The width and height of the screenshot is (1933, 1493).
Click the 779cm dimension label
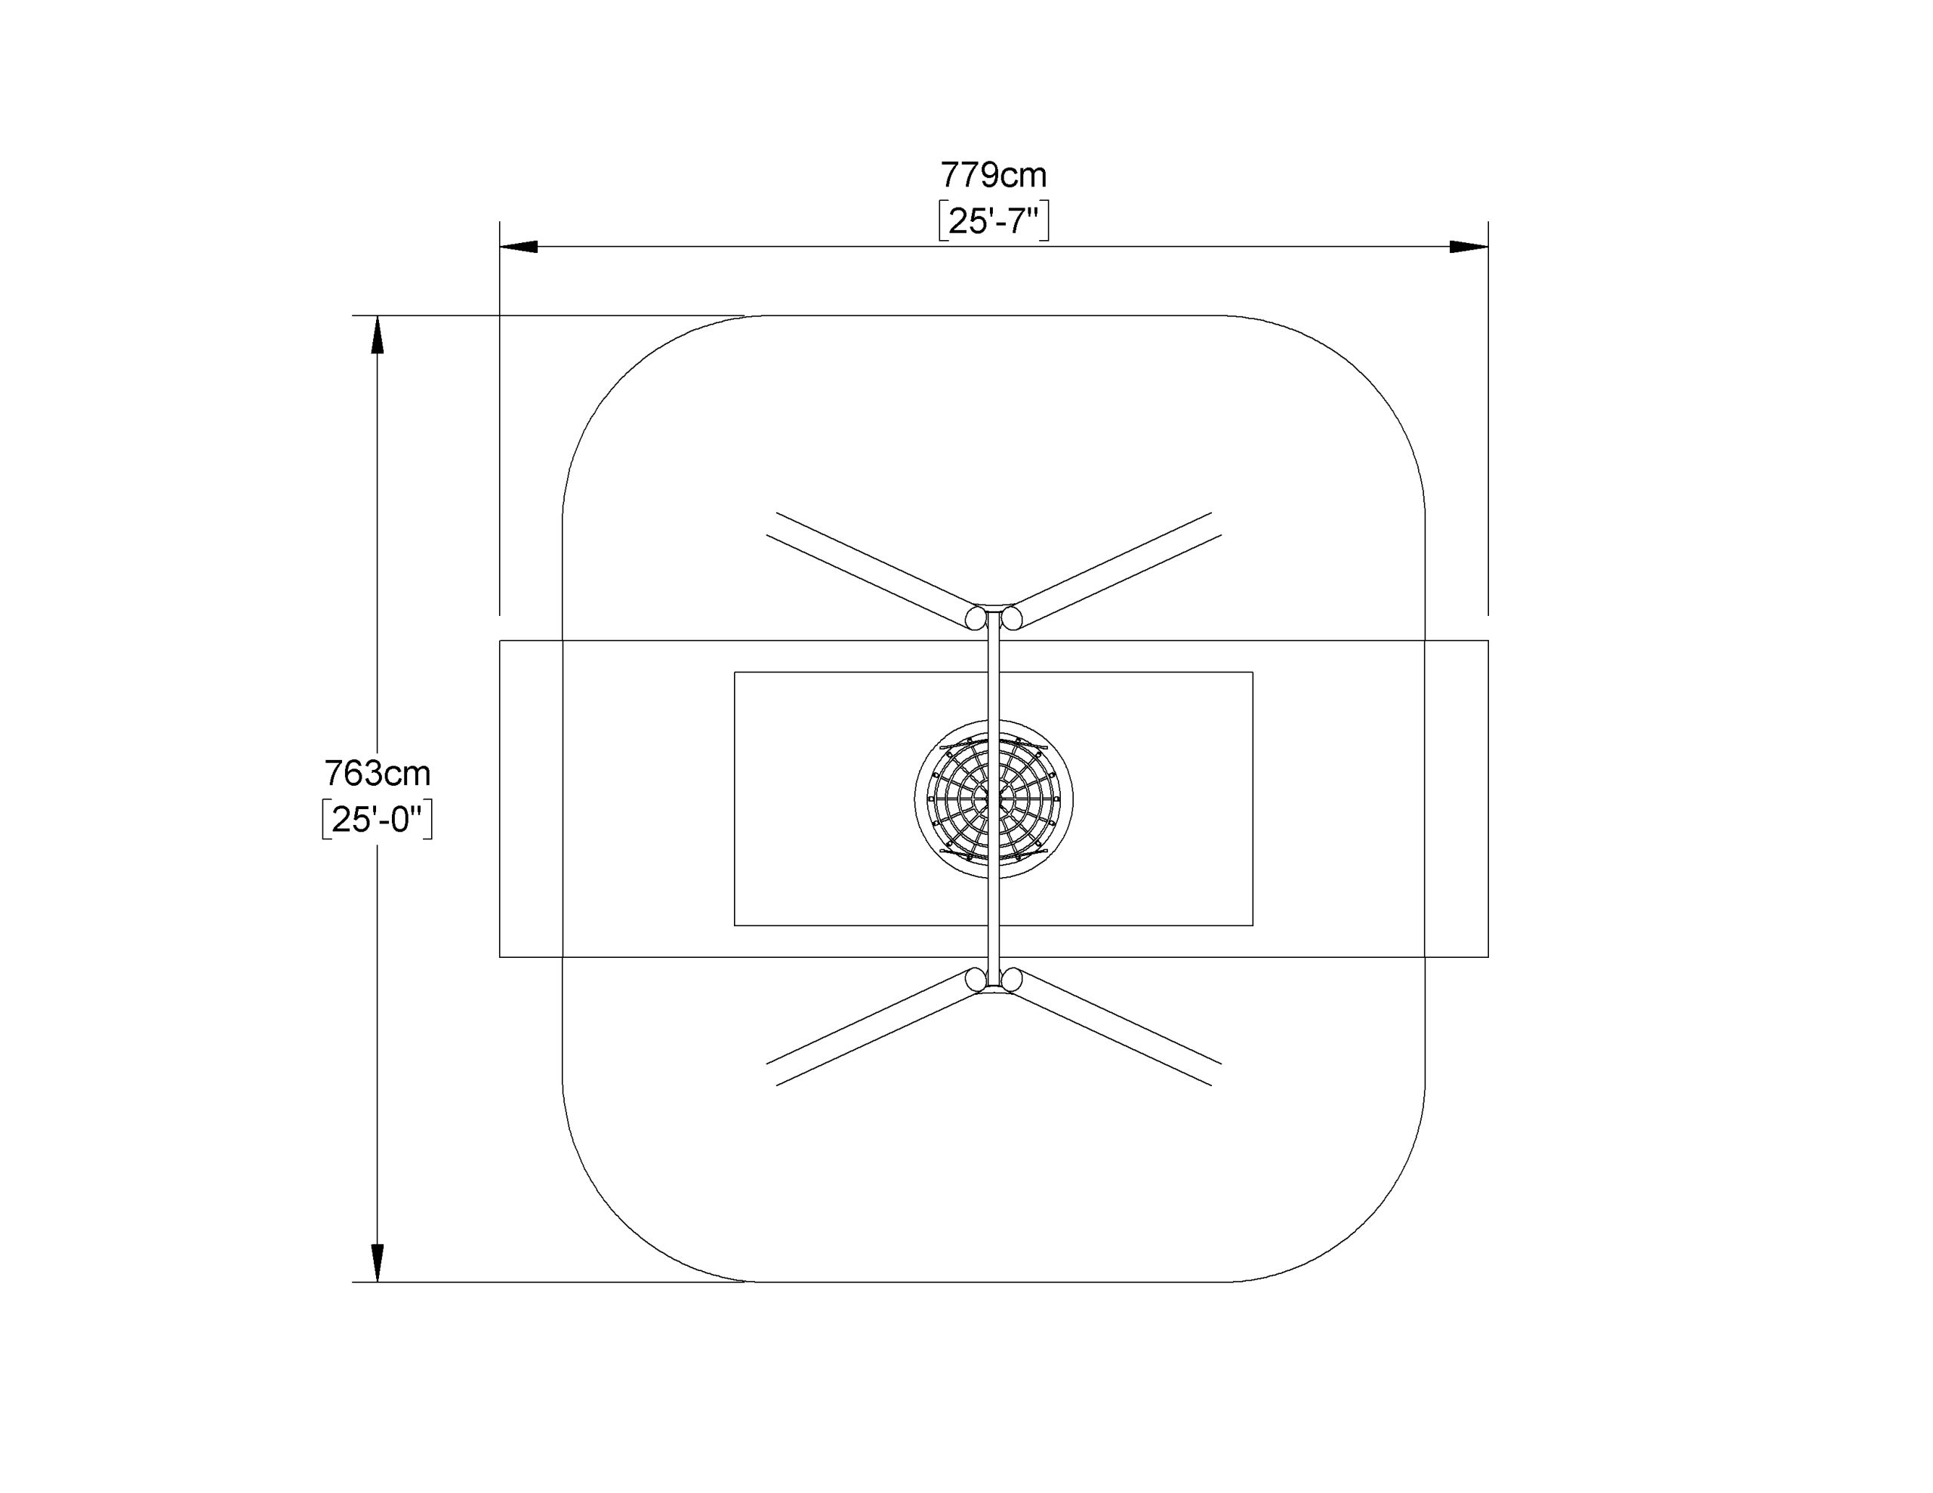click(993, 175)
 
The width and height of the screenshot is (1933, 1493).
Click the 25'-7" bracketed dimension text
click(993, 221)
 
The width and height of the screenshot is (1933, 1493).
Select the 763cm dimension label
click(377, 774)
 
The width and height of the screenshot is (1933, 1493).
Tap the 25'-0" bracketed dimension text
click(377, 820)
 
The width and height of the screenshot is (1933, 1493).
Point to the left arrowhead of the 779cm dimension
click(519, 247)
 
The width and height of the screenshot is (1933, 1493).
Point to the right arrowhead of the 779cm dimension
click(1469, 247)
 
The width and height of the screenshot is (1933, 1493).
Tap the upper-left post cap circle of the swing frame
click(976, 617)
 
